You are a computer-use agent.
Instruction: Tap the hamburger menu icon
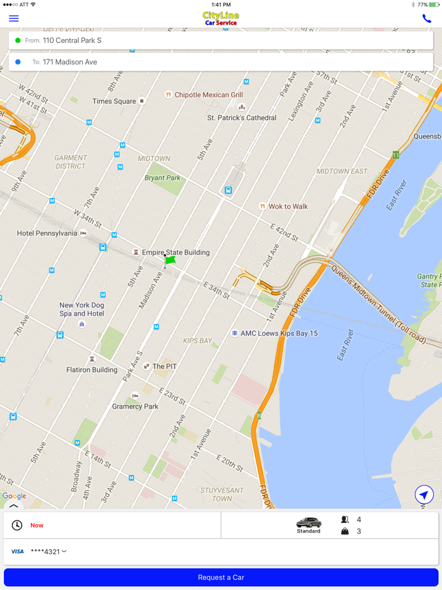pos(13,18)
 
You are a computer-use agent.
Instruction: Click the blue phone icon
pos(427,18)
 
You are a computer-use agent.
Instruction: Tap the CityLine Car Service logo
pos(221,18)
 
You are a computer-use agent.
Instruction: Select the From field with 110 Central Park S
pos(220,40)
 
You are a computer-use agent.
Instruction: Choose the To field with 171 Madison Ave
pos(220,62)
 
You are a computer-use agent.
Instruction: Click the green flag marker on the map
pos(170,260)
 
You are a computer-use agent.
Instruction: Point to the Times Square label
pos(114,101)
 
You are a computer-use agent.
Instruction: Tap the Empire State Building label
pos(176,252)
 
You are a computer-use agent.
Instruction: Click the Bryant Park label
pos(162,178)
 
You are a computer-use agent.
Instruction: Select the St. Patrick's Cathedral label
pos(242,117)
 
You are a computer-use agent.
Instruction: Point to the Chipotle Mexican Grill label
pos(208,95)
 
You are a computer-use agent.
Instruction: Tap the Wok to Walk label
pos(288,207)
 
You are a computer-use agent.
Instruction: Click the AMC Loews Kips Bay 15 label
pos(279,333)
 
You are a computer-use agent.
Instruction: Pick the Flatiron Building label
pos(92,370)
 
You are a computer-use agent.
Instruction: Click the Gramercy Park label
pos(135,406)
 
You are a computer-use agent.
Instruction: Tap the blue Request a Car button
pos(221,577)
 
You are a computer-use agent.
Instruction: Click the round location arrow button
pos(424,495)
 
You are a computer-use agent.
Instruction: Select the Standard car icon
pos(309,523)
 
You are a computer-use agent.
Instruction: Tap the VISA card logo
pos(17,551)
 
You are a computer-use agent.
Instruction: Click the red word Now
pos(37,525)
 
